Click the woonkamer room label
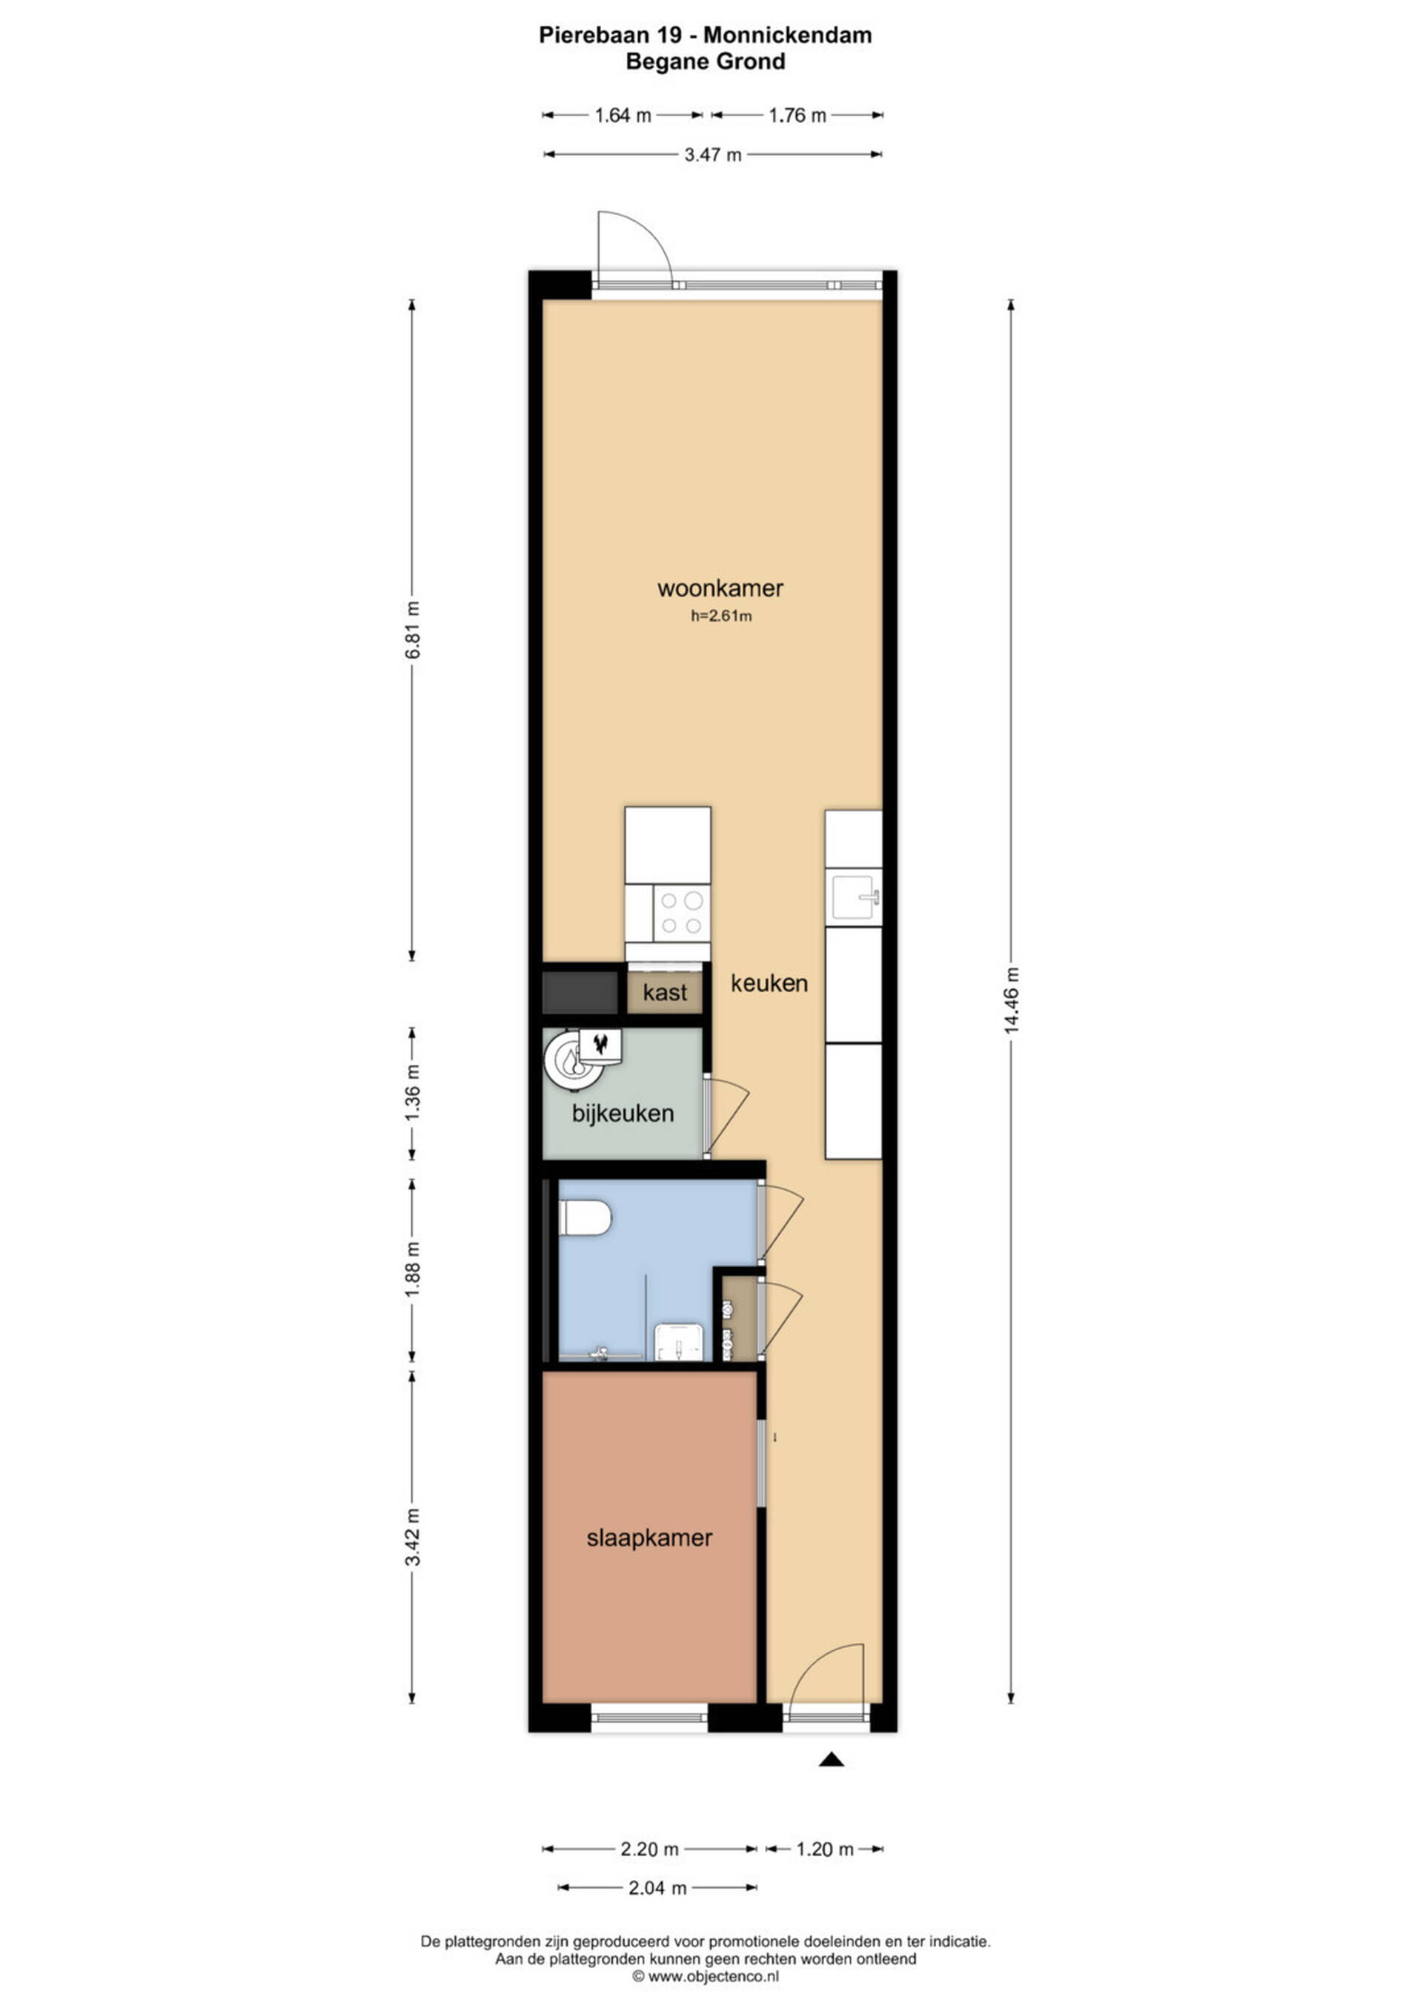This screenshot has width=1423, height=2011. [720, 588]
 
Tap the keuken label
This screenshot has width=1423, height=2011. [769, 983]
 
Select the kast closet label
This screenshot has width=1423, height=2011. [665, 992]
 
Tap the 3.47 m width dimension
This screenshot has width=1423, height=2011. [712, 155]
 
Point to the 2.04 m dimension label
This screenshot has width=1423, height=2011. [657, 1887]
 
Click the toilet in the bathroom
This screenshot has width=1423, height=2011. [586, 1217]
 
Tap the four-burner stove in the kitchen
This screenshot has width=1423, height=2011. [683, 913]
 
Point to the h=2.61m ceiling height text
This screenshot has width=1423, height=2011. [721, 616]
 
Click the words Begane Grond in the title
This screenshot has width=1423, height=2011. [706, 62]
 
